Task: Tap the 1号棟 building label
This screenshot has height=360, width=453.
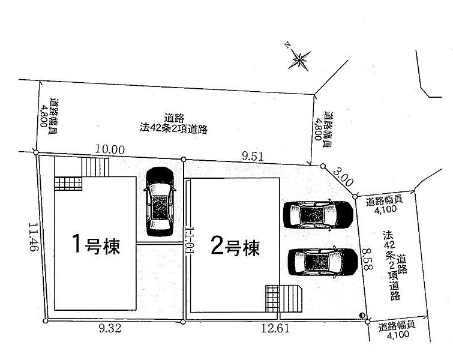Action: pos(95,244)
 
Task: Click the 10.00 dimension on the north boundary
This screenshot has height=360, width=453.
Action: pos(110,149)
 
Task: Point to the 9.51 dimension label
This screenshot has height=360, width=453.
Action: pos(253,157)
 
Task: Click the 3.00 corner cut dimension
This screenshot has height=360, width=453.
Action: pos(343,177)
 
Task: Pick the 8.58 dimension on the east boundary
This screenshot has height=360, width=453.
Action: pos(367,259)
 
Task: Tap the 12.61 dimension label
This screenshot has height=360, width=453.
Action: pos(275,328)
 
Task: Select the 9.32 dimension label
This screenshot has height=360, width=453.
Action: pos(110,328)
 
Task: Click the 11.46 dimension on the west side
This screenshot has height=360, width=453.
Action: pos(34,237)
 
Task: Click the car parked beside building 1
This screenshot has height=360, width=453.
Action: pos(160,202)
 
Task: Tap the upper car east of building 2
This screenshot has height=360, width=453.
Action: pos(318,215)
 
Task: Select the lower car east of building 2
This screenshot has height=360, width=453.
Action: pos(323,262)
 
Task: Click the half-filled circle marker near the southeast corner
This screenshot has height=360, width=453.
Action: pos(362,315)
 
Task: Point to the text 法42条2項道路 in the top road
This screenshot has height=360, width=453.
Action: pos(173,128)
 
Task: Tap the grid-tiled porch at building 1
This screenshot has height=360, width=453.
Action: pos(68,184)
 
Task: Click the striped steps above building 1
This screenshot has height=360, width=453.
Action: pos(95,167)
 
